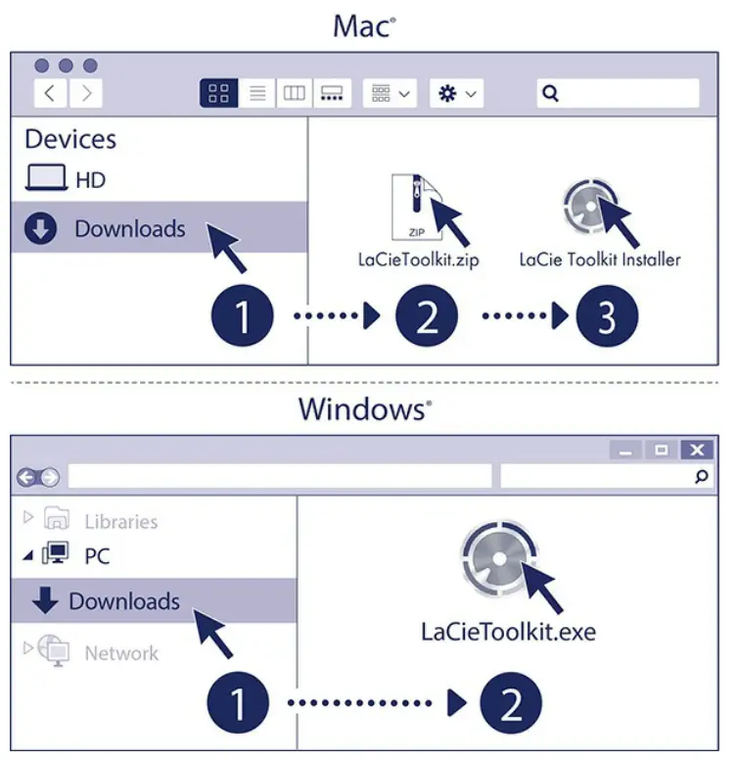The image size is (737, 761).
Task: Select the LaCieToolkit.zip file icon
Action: [410, 207]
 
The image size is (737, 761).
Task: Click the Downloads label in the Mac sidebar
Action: [129, 229]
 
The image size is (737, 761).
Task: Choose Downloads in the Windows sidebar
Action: [123, 600]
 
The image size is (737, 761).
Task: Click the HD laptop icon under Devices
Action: [46, 179]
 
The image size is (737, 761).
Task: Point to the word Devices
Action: [70, 139]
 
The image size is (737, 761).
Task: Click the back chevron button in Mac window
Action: [50, 94]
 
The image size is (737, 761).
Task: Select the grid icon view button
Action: [219, 94]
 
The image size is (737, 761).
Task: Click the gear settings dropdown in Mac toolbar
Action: [456, 94]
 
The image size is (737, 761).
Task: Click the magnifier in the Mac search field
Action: [551, 94]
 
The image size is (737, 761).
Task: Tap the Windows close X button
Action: [696, 450]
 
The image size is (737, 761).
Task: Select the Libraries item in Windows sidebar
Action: [119, 521]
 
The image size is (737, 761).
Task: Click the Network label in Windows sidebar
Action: [121, 652]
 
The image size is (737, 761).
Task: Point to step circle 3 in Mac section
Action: [605, 317]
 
